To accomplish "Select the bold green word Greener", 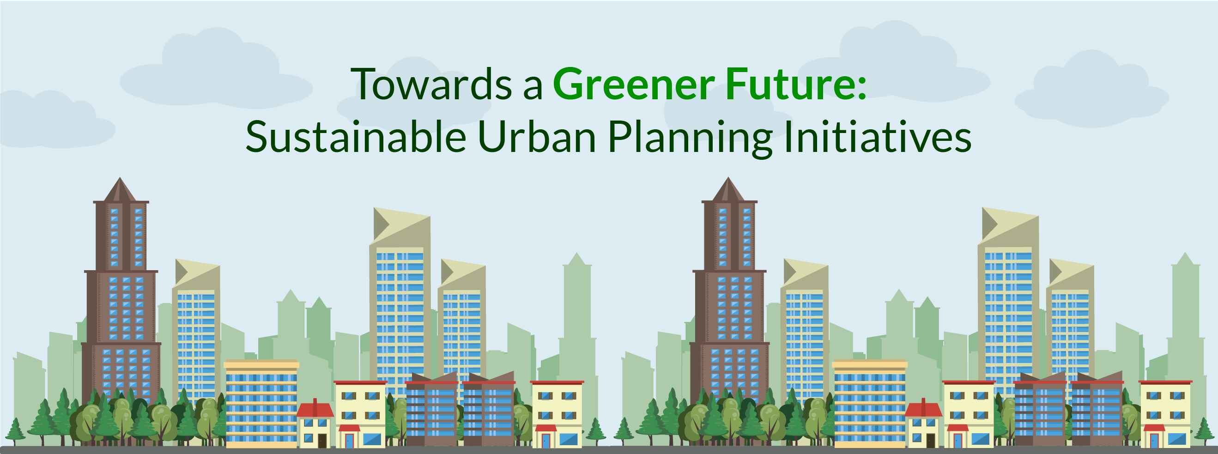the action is click(634, 84).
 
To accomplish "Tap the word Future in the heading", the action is click(791, 84).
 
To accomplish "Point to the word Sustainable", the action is click(356, 136).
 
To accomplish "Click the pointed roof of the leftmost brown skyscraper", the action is click(120, 191).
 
